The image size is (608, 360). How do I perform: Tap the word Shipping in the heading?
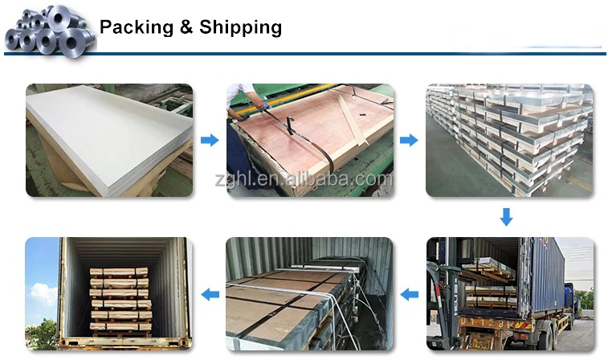tap(240, 27)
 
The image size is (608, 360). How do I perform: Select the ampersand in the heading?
tap(187, 27)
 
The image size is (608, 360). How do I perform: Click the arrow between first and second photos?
tap(209, 141)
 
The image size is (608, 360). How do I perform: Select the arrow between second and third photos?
tap(409, 141)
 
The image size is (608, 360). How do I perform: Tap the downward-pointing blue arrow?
tap(506, 216)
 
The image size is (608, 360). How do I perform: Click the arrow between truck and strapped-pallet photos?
tap(409, 294)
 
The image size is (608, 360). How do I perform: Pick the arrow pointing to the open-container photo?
tap(209, 294)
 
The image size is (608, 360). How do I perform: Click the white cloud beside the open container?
tap(43, 294)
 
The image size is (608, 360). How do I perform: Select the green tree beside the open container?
tap(44, 334)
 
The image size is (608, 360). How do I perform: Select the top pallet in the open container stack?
tap(118, 273)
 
